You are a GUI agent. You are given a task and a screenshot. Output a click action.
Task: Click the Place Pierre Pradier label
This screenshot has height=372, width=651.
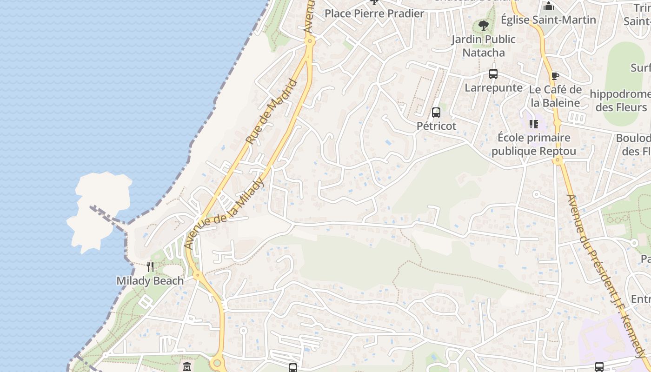(374, 13)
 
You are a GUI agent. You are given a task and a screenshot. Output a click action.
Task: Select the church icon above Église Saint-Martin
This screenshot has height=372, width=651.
(549, 7)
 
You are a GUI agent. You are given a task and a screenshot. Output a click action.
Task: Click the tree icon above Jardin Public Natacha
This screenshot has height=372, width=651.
(484, 26)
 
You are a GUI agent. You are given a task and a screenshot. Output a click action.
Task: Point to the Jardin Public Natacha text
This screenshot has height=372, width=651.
(484, 46)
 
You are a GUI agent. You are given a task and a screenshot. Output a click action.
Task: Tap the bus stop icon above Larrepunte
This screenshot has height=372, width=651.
(493, 74)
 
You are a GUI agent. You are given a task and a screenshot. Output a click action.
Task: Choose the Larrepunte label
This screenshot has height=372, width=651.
(493, 87)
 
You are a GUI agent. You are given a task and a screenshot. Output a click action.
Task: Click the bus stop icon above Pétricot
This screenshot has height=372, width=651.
(436, 113)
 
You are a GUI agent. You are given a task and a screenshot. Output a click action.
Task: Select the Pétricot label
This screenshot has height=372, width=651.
(436, 126)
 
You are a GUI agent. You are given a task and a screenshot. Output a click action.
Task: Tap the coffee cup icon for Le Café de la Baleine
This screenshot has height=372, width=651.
(555, 76)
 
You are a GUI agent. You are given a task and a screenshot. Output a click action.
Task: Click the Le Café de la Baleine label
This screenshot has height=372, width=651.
(556, 96)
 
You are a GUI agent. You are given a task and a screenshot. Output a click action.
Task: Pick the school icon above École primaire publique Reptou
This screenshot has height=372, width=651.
(533, 124)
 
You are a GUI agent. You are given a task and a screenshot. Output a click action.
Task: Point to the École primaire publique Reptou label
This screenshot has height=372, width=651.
(534, 144)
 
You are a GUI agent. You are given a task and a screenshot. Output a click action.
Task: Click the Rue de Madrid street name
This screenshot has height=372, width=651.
(272, 112)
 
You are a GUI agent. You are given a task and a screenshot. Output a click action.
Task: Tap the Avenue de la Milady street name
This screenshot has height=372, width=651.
(225, 213)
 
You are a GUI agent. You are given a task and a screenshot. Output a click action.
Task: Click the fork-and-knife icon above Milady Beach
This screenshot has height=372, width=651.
(150, 266)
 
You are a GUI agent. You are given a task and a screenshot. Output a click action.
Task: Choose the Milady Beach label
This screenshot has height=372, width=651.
(150, 281)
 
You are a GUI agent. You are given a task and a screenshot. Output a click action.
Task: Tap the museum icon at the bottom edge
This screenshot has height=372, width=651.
(187, 367)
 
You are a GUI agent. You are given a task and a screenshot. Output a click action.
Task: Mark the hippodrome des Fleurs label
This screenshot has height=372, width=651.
(621, 100)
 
